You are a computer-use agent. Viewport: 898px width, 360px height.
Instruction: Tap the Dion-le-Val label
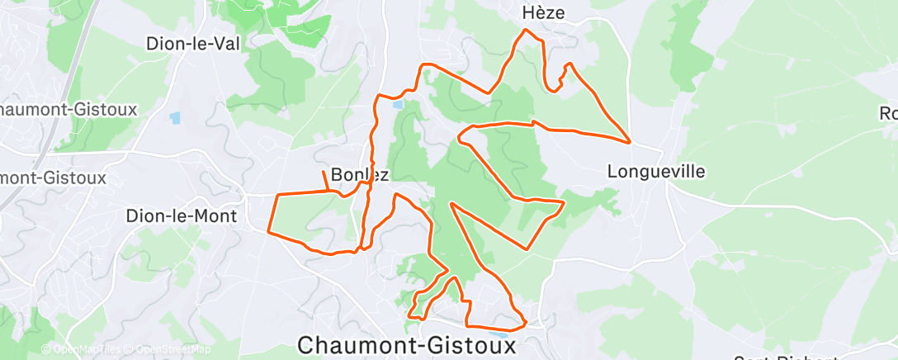pos(192,44)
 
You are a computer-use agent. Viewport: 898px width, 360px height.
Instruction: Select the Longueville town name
pos(656,172)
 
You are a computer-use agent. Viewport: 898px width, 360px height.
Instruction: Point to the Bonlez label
pos(359,174)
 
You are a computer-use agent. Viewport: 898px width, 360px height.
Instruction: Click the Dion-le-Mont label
pos(181,216)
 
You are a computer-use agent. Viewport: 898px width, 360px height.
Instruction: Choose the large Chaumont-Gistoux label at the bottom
pos(409,345)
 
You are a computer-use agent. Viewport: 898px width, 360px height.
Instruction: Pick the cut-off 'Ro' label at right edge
pos(888,114)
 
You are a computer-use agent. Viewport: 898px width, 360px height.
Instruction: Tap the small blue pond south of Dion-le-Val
pos(175,117)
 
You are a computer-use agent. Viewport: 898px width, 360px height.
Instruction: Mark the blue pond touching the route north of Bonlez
pos(399,105)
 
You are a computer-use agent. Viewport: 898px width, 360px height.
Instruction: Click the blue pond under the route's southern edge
pos(501,335)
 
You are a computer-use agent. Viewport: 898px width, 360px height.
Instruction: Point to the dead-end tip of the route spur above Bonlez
pos(322,170)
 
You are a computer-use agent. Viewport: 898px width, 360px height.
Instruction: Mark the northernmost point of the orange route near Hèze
pos(526,31)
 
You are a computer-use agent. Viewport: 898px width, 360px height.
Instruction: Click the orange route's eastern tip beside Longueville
pos(631,141)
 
